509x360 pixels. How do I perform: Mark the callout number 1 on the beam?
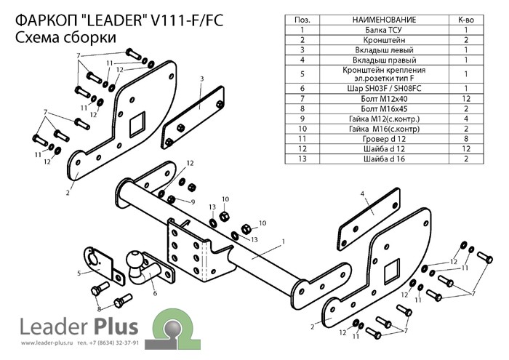click(x=282, y=240)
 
